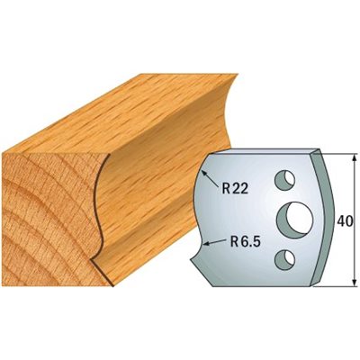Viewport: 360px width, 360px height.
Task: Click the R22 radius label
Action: (235, 189)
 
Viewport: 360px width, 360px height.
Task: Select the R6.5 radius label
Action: (245, 241)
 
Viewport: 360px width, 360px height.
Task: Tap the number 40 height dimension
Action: (344, 221)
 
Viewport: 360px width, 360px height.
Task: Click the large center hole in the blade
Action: (294, 219)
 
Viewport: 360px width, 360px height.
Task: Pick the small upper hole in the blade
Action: (284, 180)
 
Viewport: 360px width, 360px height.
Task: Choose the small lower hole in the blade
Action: (284, 259)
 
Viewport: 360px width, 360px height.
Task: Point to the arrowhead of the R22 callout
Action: (204, 173)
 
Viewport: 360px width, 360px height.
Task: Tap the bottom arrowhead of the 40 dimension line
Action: (355, 282)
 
